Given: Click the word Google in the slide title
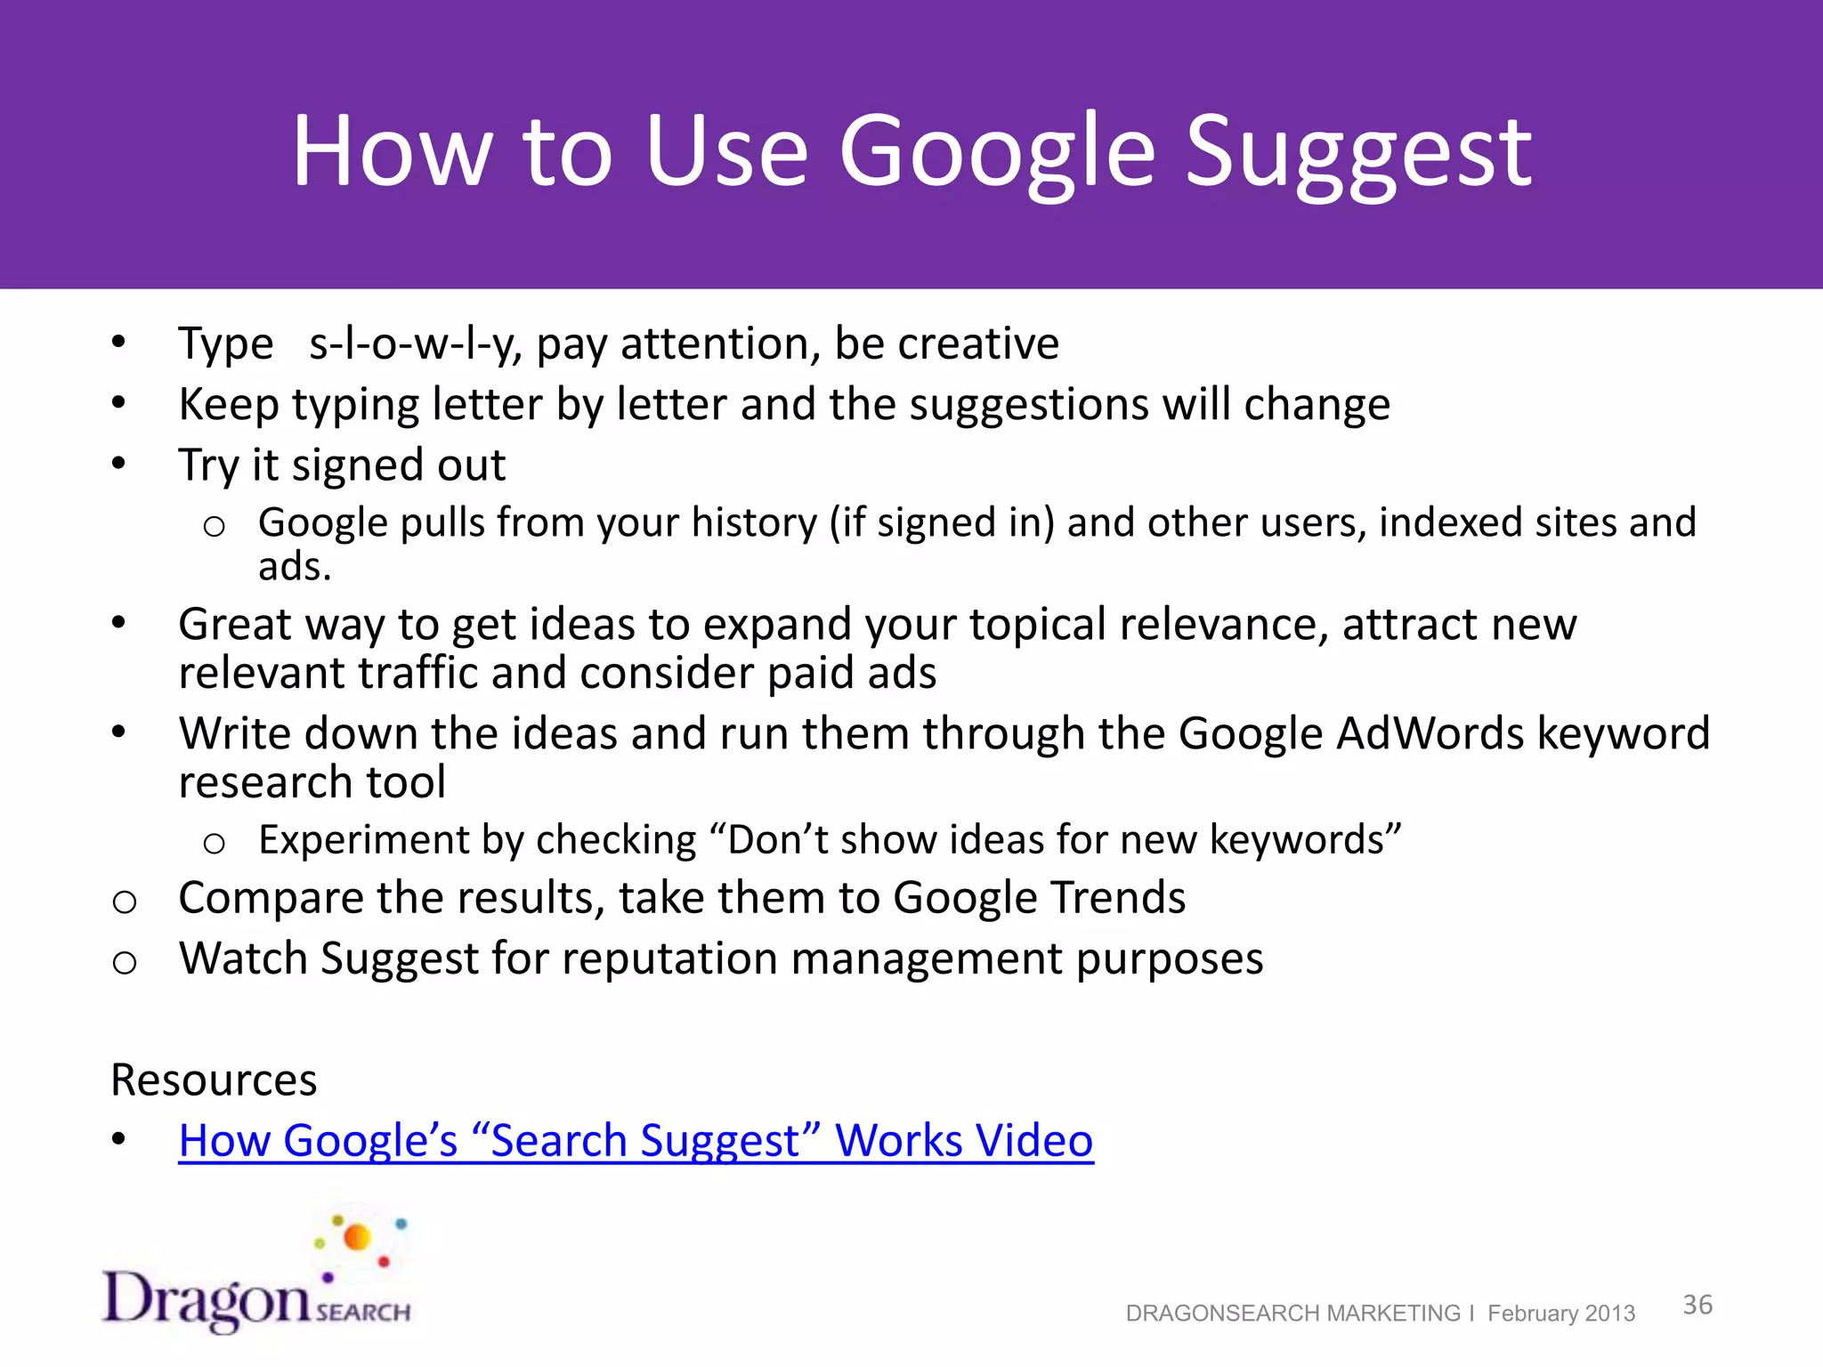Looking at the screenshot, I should pyautogui.click(x=997, y=153).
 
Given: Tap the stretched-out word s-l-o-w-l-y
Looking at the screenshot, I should pyautogui.click(x=415, y=344).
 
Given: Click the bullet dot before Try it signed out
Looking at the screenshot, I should pyautogui.click(x=118, y=464).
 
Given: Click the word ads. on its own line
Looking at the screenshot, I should pyautogui.click(x=295, y=567).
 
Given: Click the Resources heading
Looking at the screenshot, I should pyautogui.click(x=214, y=1080).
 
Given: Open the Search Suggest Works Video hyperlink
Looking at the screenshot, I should pyautogui.click(x=636, y=1141).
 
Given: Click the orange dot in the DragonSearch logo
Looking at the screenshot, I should pyautogui.click(x=357, y=1237).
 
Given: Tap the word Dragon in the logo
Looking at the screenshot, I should pyautogui.click(x=207, y=1299).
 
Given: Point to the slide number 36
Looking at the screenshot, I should pyautogui.click(x=1697, y=1305).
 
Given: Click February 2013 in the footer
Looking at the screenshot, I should pyautogui.click(x=1560, y=1314).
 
